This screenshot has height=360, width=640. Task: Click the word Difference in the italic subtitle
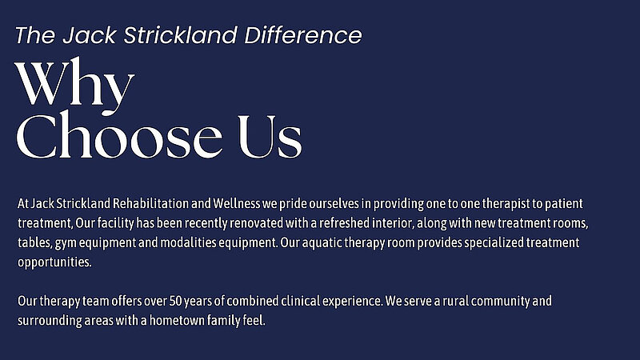303,35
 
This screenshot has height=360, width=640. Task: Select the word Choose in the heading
119,136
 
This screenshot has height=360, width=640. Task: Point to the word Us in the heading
270,136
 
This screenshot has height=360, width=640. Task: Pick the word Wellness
236,203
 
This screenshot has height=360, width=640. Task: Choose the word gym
66,243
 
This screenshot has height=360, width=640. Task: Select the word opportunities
54,262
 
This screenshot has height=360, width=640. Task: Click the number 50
175,302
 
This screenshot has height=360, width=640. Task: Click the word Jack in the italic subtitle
90,35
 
